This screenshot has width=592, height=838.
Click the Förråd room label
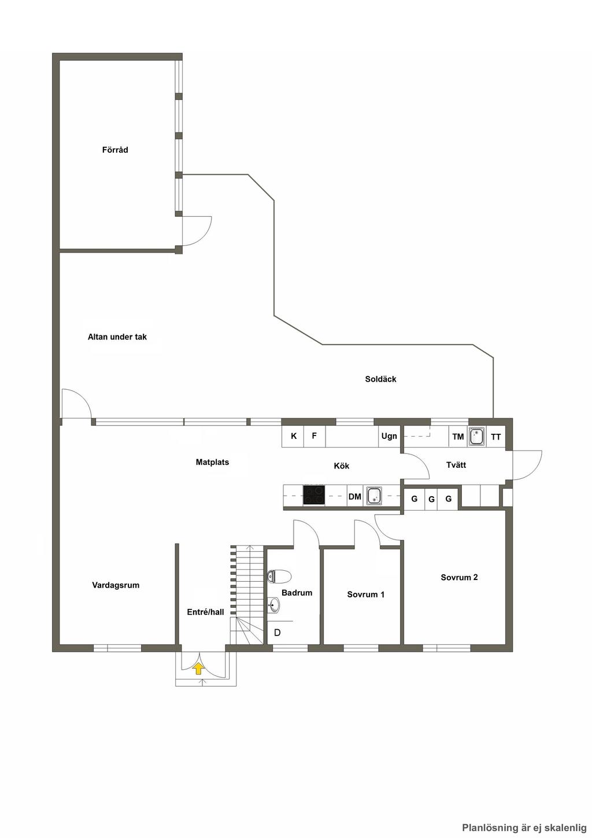click(115, 150)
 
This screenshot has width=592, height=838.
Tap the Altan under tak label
click(117, 337)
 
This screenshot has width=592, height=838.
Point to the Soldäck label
click(381, 379)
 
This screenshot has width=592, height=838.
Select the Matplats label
click(212, 462)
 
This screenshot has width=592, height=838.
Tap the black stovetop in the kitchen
click(314, 495)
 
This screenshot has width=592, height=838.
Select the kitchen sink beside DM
click(374, 496)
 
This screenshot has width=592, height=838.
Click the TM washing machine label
click(458, 437)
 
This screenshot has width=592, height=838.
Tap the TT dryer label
click(496, 437)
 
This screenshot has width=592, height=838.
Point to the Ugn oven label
click(389, 436)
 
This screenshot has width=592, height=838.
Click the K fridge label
click(294, 436)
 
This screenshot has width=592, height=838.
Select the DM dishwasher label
click(355, 496)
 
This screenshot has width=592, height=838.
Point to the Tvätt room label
click(456, 465)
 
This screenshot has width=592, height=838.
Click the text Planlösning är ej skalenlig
click(524, 828)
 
